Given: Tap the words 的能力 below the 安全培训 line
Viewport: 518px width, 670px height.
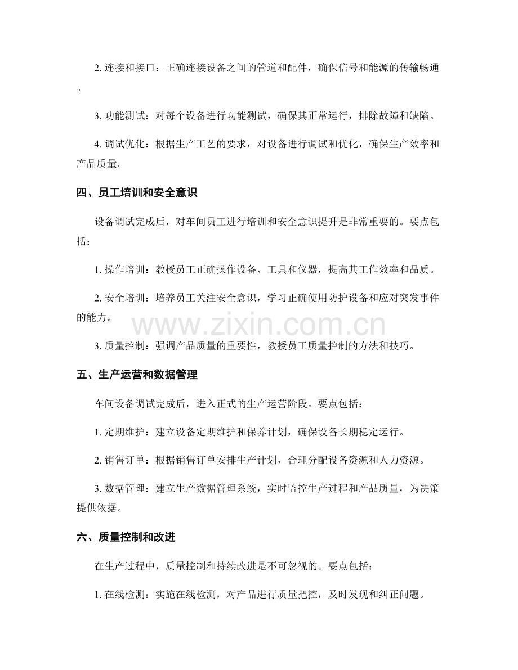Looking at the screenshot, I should coord(90,317).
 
